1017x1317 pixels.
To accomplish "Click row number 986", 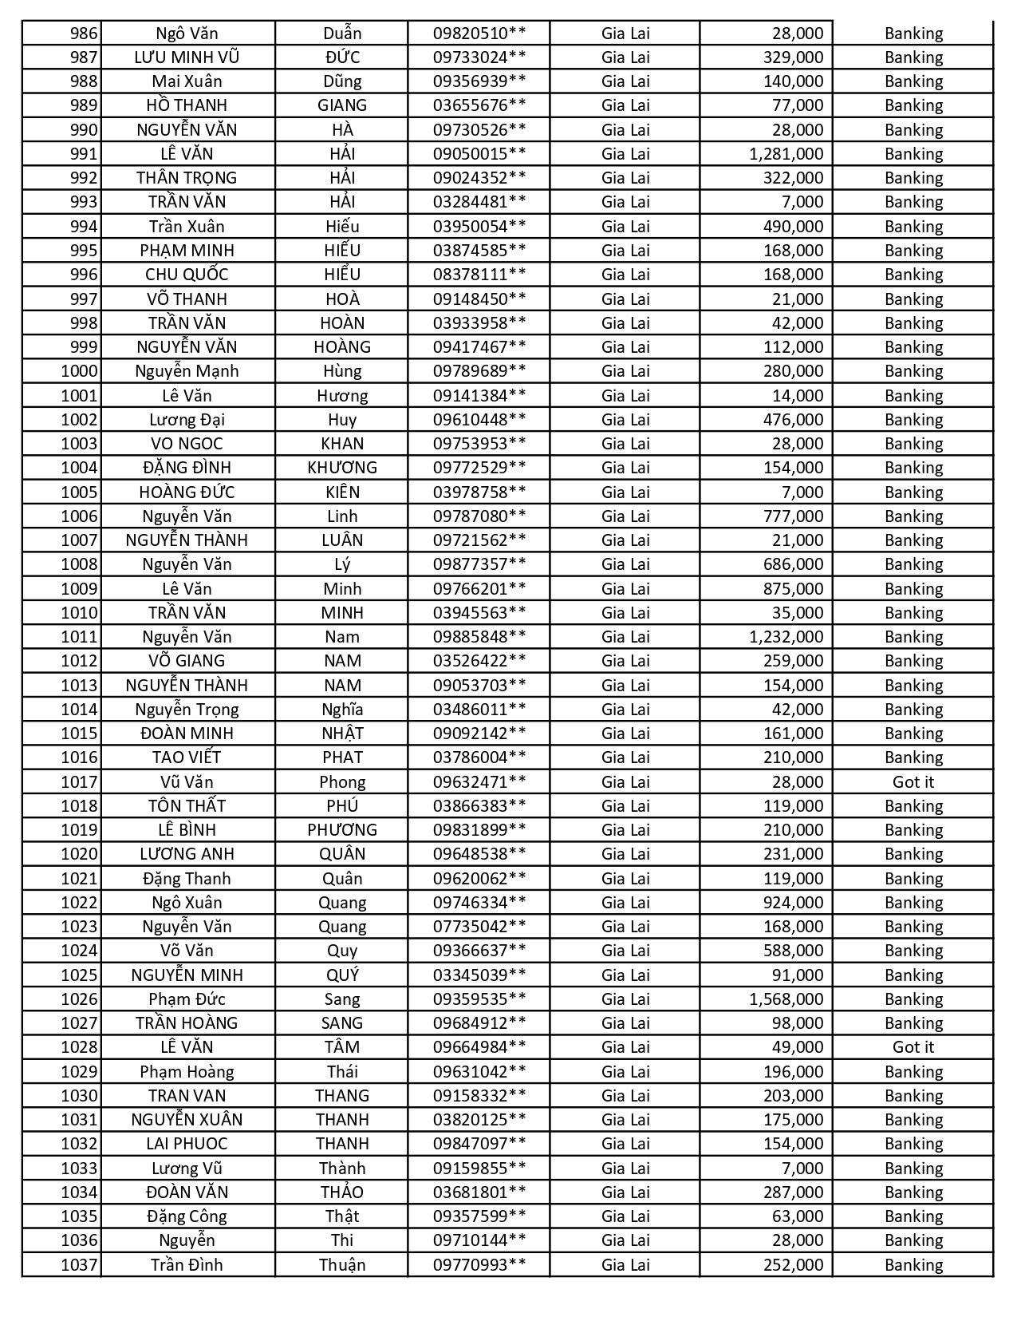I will pos(84,34).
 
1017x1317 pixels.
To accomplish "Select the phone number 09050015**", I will pos(479,154).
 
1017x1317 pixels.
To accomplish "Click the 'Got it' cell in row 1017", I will pos(913,782).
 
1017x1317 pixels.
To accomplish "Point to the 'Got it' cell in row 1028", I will pos(913,1047).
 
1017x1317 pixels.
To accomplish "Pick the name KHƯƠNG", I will pos(342,468).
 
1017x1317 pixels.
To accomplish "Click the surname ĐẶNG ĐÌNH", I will pos(187,468).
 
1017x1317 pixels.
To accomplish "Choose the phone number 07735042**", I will pos(479,927).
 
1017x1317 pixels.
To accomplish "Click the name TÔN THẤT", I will pos(187,806).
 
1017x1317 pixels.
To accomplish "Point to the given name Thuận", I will pos(342,1265).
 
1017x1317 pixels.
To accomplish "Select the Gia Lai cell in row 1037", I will pos(625,1265).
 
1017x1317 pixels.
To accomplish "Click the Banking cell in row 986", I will pos(913,34).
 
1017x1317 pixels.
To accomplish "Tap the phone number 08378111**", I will pos(479,275).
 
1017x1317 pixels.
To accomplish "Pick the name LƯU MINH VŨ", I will pos(187,57).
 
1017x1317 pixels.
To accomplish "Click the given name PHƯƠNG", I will pos(342,830).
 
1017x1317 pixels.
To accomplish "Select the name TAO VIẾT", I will pos(187,757).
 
